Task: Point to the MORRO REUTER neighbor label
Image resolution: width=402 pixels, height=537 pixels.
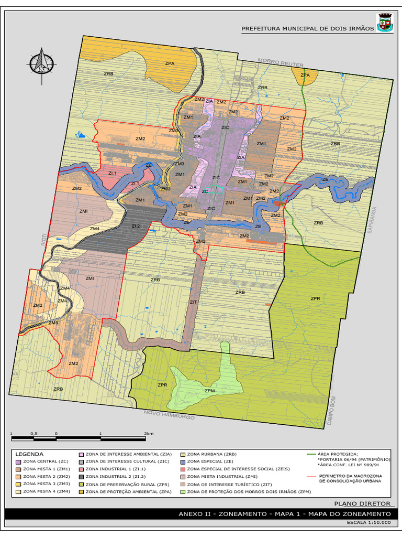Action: pyautogui.click(x=281, y=63)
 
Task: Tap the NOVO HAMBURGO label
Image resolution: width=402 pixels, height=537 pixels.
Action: pyautogui.click(x=169, y=415)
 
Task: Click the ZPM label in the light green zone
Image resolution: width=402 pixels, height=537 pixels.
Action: pyautogui.click(x=210, y=391)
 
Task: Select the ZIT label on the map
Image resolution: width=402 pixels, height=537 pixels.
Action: pyautogui.click(x=193, y=302)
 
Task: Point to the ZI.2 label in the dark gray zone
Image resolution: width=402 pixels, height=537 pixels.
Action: pyautogui.click(x=136, y=226)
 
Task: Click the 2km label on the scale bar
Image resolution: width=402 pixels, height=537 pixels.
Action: pyautogui.click(x=149, y=434)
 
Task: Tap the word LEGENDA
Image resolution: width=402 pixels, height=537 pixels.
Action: pyautogui.click(x=30, y=454)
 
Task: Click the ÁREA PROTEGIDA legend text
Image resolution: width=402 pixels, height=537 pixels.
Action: pyautogui.click(x=338, y=454)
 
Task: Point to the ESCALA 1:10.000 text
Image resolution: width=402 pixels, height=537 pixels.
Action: pyautogui.click(x=368, y=522)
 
